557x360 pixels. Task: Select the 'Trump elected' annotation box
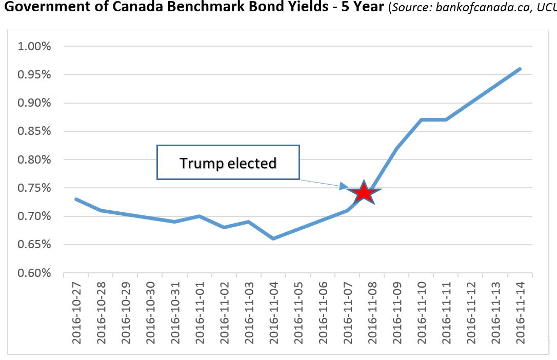click(x=228, y=163)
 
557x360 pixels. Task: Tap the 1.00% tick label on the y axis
click(x=34, y=47)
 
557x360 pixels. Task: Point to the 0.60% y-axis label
click(x=34, y=273)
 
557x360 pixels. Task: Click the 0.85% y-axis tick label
click(x=34, y=131)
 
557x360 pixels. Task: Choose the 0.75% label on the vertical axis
click(x=34, y=188)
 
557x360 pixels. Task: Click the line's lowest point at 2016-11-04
click(x=273, y=238)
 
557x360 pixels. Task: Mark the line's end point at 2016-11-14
click(x=520, y=69)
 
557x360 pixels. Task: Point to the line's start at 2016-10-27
click(x=76, y=199)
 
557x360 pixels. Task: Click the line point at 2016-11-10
click(x=421, y=119)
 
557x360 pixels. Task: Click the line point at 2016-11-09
click(x=396, y=148)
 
